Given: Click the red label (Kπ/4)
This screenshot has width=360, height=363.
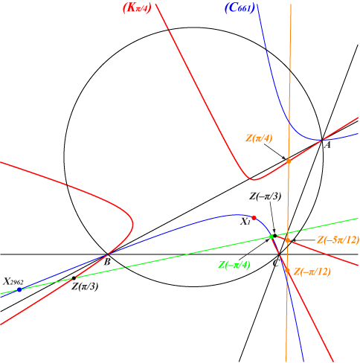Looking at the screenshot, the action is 137,8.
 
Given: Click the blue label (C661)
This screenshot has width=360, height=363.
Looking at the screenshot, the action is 240,8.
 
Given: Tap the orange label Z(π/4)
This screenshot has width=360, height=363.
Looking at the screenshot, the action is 259,138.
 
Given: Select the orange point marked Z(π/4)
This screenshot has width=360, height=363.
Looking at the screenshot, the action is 289,161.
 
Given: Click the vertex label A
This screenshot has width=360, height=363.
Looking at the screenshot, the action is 328,145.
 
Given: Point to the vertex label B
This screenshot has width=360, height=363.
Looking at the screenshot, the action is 107,262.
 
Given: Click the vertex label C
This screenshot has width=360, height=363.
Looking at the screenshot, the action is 276,263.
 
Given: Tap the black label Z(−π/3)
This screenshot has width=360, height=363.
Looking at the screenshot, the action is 265,196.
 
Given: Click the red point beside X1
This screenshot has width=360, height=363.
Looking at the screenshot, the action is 254,218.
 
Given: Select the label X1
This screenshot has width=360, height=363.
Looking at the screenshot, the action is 245,222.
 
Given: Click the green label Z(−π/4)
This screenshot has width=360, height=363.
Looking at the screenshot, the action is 234,265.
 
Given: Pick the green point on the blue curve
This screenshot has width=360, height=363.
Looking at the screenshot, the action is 271,237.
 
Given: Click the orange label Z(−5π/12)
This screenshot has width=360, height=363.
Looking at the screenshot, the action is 338,240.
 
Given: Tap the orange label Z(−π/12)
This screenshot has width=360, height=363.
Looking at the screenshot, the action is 312,272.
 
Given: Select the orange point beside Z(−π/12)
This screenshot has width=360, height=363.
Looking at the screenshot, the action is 287,270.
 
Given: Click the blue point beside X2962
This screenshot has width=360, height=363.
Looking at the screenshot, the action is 19,289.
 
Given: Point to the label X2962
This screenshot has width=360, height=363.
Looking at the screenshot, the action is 13,282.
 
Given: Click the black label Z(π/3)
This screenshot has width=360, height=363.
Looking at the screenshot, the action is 85,286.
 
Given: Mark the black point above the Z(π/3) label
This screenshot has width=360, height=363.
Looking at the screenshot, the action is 74,278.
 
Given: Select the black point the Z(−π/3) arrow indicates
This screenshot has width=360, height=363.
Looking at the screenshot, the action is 274,236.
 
